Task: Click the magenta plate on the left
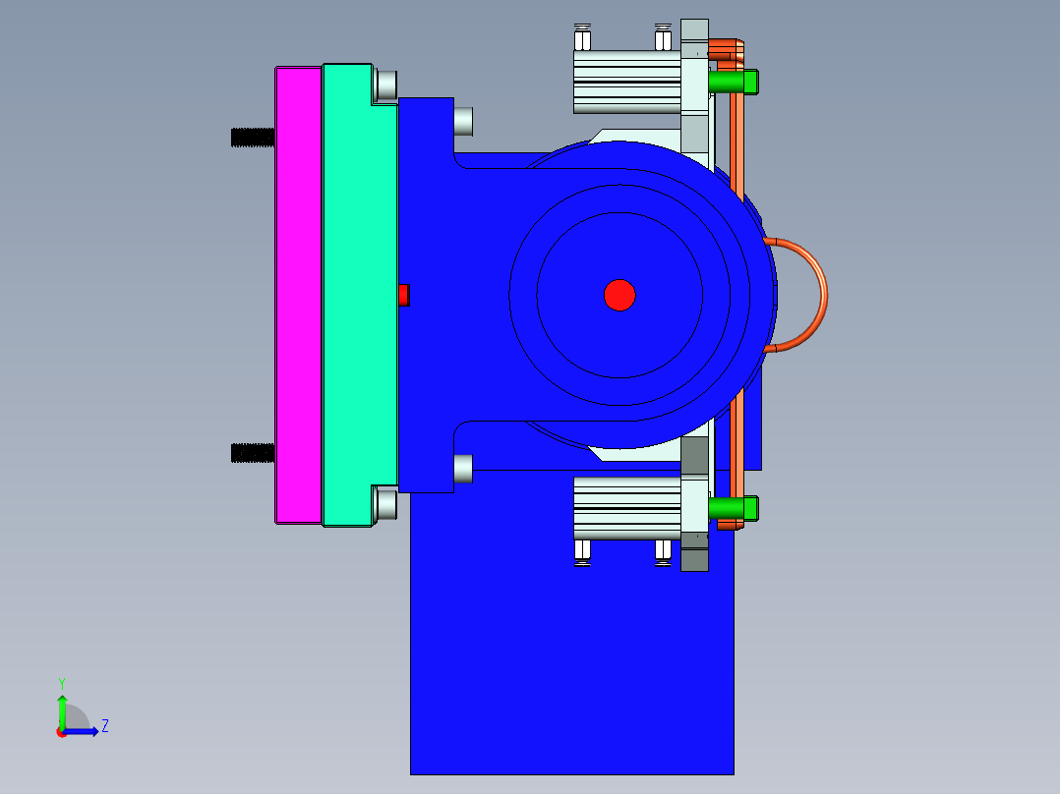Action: click(x=298, y=295)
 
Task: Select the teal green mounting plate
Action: click(x=359, y=295)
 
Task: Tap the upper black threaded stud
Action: click(x=252, y=138)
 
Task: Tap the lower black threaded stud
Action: click(x=252, y=453)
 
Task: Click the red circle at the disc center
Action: click(x=619, y=295)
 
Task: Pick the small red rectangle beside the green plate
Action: click(x=403, y=295)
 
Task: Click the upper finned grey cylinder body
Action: click(x=625, y=82)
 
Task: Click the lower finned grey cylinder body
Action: click(x=625, y=508)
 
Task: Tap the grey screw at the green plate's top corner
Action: click(x=386, y=85)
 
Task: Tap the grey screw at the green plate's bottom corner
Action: click(x=386, y=504)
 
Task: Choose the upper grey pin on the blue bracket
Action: click(x=462, y=121)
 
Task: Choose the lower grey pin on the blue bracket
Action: click(x=462, y=469)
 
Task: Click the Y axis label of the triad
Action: click(x=61, y=682)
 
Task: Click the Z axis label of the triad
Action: click(x=104, y=726)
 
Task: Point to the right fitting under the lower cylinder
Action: click(x=663, y=550)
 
